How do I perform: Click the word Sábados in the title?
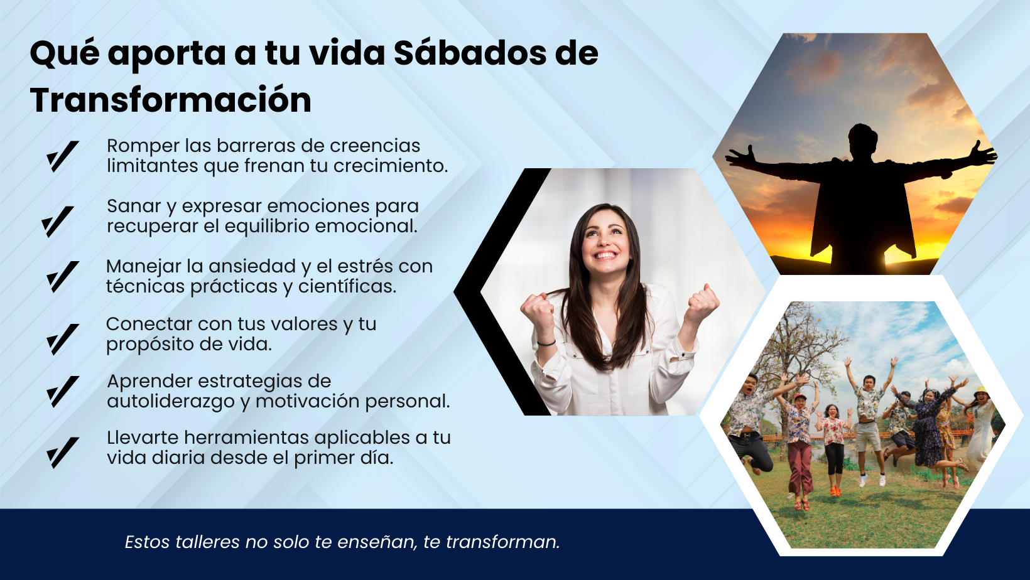(470, 53)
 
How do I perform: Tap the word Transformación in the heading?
(171, 100)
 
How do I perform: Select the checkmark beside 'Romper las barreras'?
(63, 157)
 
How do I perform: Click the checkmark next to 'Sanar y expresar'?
(58, 222)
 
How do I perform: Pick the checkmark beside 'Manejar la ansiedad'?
(63, 277)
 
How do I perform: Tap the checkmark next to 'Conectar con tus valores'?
(63, 339)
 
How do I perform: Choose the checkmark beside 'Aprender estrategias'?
(63, 392)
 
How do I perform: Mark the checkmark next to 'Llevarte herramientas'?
(63, 453)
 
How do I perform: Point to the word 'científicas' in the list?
(347, 286)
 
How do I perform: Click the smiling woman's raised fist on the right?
(702, 304)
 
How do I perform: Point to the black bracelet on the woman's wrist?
(546, 343)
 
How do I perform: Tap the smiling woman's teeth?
(605, 255)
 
